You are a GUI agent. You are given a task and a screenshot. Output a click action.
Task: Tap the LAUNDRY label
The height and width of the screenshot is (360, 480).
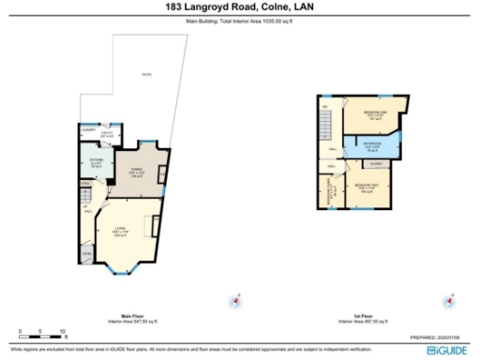[x=87, y=129]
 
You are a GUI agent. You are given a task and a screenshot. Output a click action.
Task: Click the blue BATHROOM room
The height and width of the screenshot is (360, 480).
[x=372, y=145]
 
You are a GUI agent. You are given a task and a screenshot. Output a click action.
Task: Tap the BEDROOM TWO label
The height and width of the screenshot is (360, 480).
[x=367, y=187]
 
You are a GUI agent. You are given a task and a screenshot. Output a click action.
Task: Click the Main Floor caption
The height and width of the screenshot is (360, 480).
[x=132, y=316]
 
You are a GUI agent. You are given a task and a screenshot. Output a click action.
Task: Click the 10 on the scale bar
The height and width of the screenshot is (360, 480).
[x=62, y=332]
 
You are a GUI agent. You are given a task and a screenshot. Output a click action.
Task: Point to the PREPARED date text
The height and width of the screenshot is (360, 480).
[x=439, y=337]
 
